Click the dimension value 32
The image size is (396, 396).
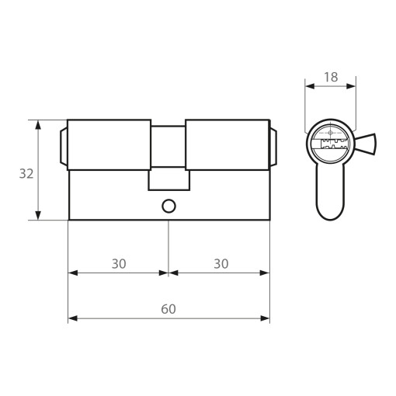pos(26,174)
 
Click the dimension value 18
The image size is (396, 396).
pos(331,77)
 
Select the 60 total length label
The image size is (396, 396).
pos(168,309)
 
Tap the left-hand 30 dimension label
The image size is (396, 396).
pos(119,264)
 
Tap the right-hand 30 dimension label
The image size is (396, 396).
pos(221,264)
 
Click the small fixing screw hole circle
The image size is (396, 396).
pos(168,206)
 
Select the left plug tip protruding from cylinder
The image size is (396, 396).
pos(64,147)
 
